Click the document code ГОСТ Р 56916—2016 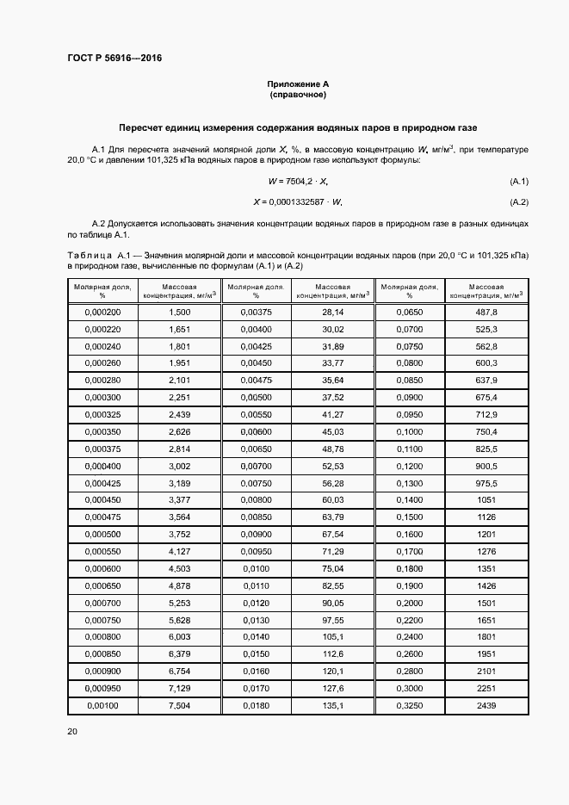[114, 59]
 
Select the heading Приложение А [298, 84]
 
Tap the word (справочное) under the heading [298, 94]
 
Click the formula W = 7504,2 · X [298, 181]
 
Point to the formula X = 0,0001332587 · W [298, 202]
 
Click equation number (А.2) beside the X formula [519, 202]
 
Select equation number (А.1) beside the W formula [519, 181]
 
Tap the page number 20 [72, 731]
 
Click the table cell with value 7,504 [179, 704]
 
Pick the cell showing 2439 [486, 704]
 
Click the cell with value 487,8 [486, 312]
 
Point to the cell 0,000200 [103, 312]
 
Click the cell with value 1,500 [179, 312]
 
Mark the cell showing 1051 [486, 498]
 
